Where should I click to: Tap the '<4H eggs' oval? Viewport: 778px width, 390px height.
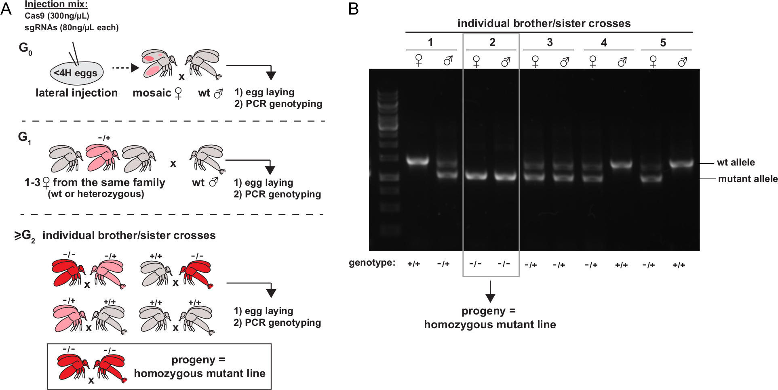[x=76, y=73]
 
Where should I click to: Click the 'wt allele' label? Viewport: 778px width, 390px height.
[x=736, y=162]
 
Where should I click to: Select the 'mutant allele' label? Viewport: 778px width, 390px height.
[x=747, y=179]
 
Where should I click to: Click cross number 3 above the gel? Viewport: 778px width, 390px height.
[x=550, y=42]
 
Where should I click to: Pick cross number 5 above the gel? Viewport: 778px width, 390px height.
[x=663, y=42]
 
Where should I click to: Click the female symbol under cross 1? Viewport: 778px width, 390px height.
[x=419, y=61]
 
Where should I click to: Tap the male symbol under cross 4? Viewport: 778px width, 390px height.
[x=622, y=61]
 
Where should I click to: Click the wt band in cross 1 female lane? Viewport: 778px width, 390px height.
[x=417, y=161]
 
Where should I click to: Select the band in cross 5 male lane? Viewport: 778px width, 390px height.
[x=681, y=164]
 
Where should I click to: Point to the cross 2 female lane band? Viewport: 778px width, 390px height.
[x=476, y=176]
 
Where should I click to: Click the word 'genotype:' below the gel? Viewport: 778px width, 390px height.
[x=372, y=263]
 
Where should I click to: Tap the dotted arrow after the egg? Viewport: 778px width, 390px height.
[x=126, y=68]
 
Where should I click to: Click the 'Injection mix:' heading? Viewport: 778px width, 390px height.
[x=56, y=4]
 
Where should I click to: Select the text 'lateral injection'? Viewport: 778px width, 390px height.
[x=77, y=93]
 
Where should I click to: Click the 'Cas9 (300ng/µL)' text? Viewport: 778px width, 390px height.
[x=57, y=16]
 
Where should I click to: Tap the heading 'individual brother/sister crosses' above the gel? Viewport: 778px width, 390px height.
[x=544, y=23]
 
